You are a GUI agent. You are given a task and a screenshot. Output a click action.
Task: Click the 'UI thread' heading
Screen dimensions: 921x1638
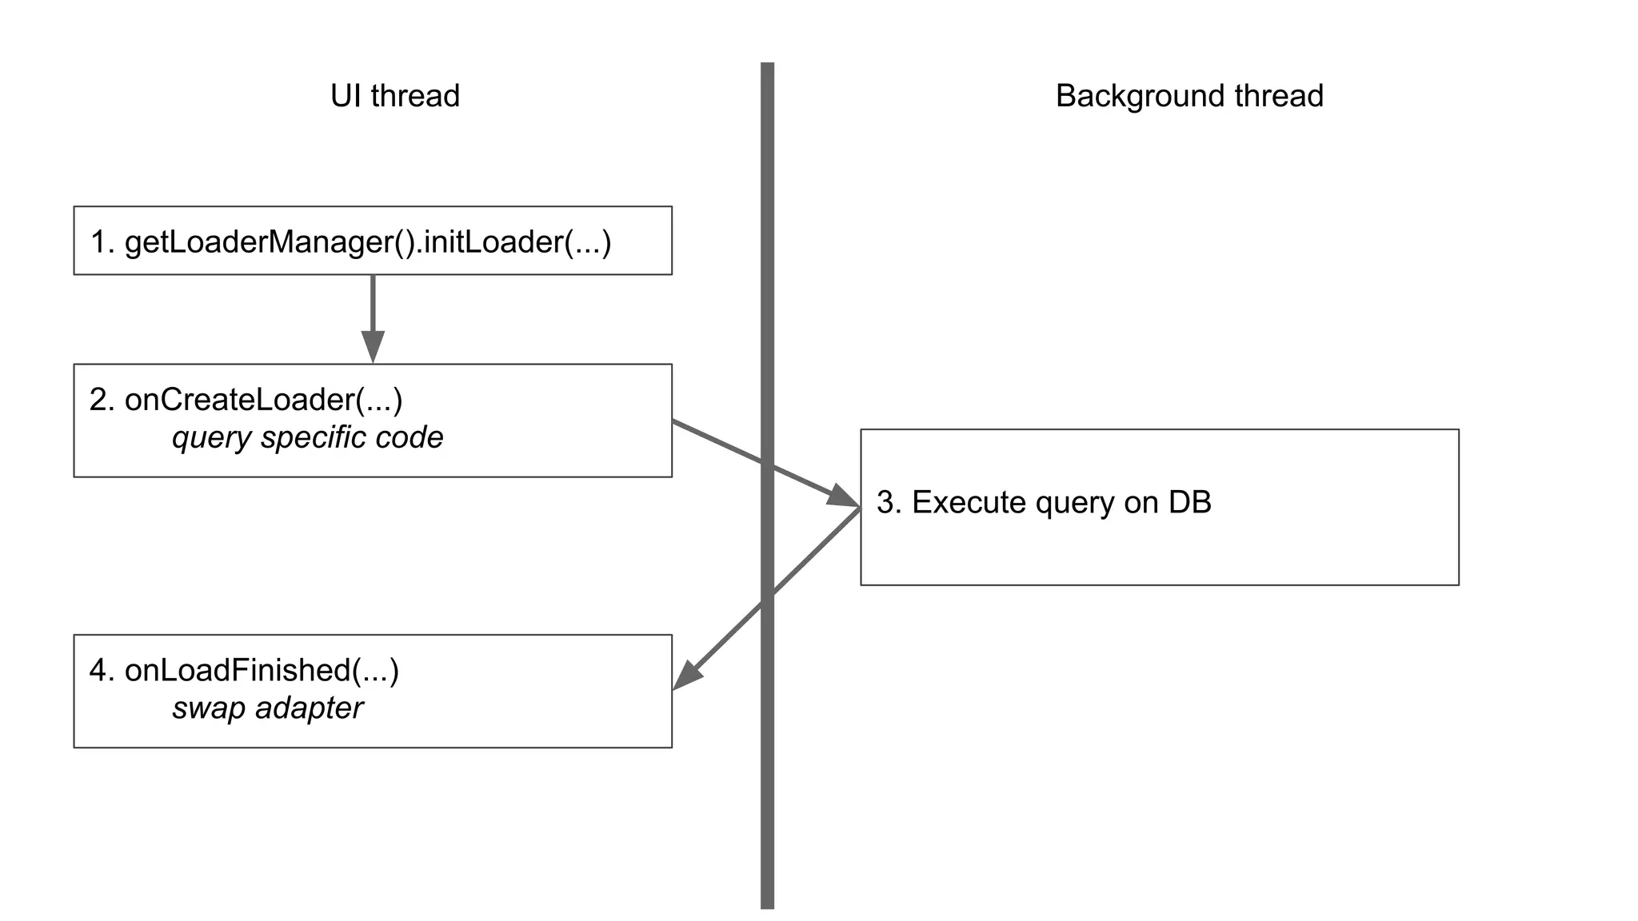[x=395, y=96]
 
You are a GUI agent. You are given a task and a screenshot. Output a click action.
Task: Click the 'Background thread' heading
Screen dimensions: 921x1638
[x=1189, y=96]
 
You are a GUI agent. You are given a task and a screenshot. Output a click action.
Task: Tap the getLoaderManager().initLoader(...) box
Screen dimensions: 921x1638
[x=373, y=241]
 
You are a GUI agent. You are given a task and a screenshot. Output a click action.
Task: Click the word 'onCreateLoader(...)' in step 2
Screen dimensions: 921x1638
[x=264, y=400]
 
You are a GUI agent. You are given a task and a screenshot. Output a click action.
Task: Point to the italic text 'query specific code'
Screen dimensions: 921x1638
[x=307, y=437]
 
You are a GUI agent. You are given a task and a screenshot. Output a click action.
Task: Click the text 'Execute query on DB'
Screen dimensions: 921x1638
[x=1061, y=502]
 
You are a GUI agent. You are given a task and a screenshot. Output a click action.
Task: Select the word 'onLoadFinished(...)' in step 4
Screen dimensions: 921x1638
[x=262, y=670]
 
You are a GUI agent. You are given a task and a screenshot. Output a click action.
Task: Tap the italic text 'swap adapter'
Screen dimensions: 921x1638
[x=267, y=708]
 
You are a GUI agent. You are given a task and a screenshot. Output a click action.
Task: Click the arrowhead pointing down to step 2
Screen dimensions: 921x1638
[x=373, y=347]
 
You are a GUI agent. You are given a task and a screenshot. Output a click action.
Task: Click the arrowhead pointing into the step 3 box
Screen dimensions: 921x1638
[x=841, y=496]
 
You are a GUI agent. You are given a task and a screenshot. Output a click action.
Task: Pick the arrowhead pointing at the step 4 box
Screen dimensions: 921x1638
[x=688, y=676]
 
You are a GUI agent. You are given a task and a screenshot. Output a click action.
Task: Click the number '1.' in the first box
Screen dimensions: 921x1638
[x=102, y=241]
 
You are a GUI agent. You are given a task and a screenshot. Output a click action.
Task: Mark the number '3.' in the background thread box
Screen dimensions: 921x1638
[x=889, y=502]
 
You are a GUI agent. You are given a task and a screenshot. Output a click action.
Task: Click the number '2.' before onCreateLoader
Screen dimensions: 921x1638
[x=102, y=400]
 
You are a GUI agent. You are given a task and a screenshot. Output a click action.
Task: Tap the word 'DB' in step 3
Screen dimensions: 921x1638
[x=1189, y=502]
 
